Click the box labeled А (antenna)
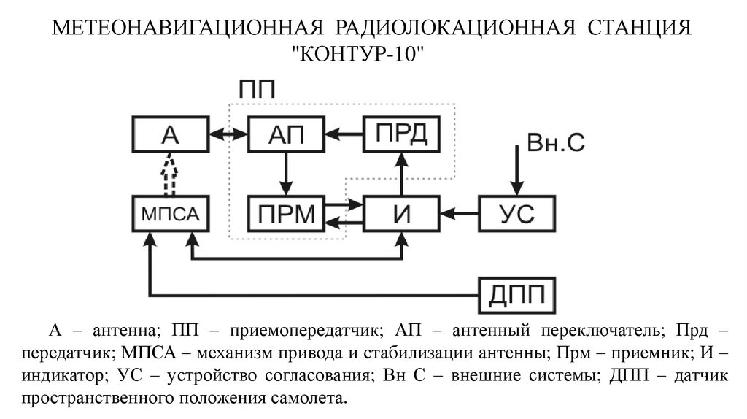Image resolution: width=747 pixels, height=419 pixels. [169, 134]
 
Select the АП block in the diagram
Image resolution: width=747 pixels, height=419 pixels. [286, 134]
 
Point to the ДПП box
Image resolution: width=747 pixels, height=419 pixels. [516, 294]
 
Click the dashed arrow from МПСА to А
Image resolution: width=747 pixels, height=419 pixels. [169, 173]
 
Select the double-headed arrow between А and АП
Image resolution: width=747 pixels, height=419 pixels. [228, 134]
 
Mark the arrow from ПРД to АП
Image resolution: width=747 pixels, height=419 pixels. [344, 134]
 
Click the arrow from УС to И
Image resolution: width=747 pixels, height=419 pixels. [458, 213]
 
